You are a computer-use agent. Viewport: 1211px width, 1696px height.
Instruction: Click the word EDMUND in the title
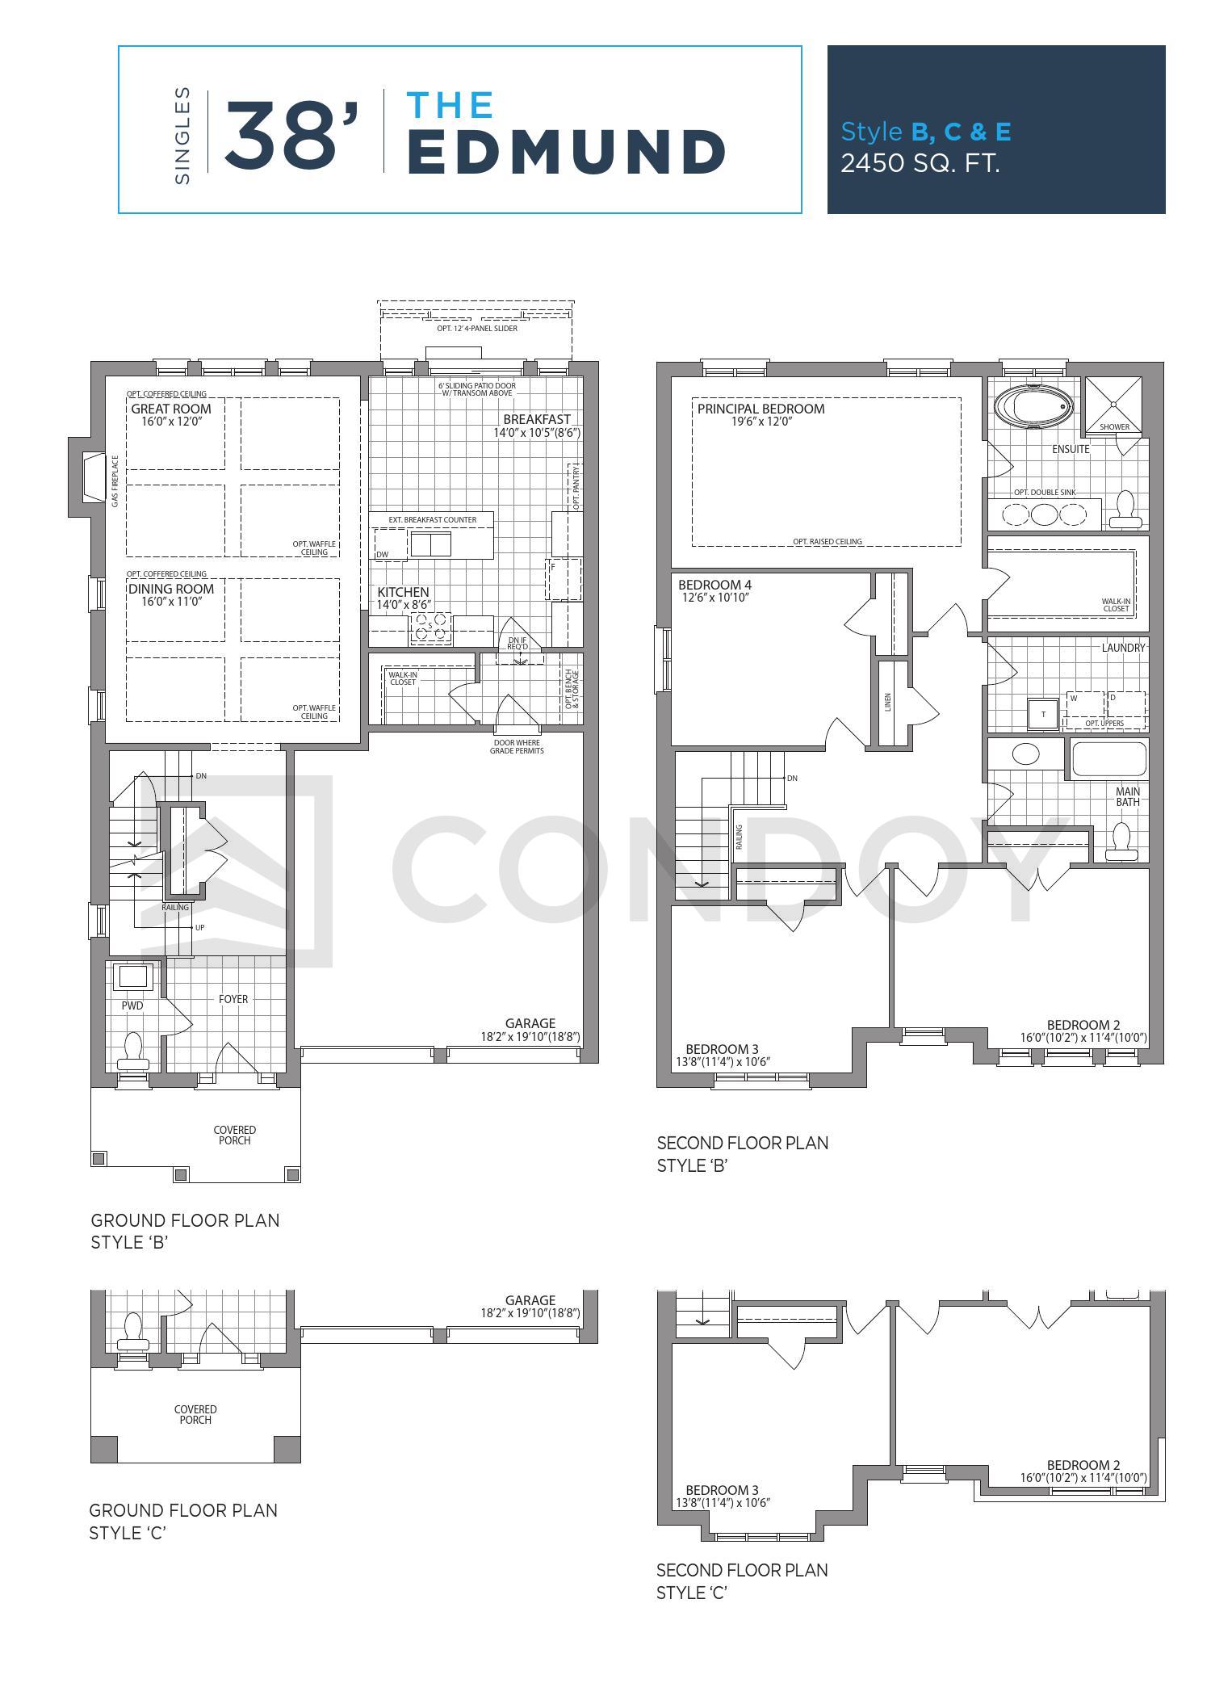click(565, 152)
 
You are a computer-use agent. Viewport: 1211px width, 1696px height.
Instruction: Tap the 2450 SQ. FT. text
click(920, 163)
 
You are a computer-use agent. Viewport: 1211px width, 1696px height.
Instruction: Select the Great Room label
click(171, 409)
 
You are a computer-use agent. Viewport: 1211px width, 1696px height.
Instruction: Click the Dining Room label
click(171, 589)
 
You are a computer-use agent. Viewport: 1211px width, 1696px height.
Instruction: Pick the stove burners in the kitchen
click(431, 628)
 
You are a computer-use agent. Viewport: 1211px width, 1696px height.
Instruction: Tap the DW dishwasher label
click(383, 554)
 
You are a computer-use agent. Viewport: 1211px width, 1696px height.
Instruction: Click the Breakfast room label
click(537, 419)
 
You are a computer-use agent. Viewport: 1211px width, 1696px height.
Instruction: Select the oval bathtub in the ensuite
click(1033, 405)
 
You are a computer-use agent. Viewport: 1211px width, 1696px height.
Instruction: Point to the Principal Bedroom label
click(761, 409)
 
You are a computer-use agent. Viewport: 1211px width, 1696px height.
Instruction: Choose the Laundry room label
click(1123, 648)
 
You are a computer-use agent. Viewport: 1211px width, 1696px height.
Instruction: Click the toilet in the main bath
click(1122, 841)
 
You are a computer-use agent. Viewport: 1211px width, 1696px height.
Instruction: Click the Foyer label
click(233, 999)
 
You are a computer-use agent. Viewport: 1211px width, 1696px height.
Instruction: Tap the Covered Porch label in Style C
click(195, 1414)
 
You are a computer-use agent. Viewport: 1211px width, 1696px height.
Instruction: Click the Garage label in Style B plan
click(530, 1023)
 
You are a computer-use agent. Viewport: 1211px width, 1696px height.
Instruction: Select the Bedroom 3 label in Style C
click(722, 1490)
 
